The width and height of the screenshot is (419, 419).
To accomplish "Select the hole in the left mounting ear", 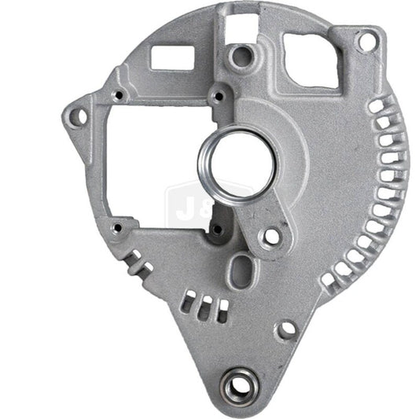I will click(78, 117).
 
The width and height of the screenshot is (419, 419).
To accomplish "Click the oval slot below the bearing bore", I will click(238, 272).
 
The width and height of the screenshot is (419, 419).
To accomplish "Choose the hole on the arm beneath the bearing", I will click(271, 234).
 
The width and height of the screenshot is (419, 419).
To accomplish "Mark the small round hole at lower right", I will click(288, 327).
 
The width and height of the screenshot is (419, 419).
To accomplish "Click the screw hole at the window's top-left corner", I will click(118, 96).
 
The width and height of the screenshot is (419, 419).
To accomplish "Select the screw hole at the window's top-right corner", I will click(219, 97).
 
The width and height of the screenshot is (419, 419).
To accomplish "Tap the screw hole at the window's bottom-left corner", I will click(117, 228).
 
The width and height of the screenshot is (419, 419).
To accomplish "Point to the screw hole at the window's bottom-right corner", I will click(215, 229).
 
